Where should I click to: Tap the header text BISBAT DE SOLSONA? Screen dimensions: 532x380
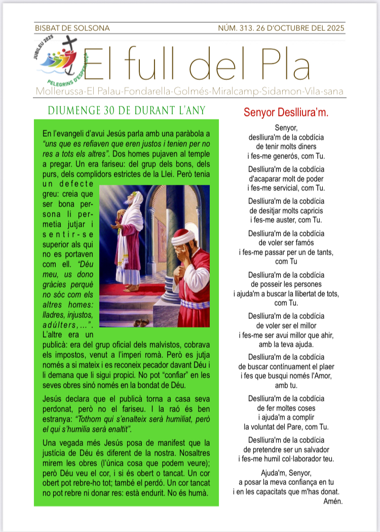tap(72, 28)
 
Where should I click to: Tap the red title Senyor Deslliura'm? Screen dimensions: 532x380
tap(286, 112)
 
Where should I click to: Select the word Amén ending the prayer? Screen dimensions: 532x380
tap(333, 502)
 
